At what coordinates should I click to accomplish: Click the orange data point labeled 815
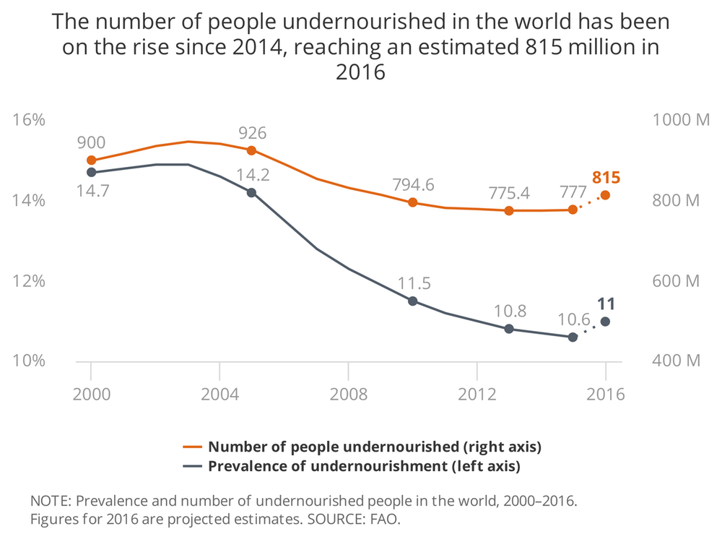(605, 194)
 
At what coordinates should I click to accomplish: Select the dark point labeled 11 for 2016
(605, 322)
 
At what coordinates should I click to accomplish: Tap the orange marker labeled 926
(251, 150)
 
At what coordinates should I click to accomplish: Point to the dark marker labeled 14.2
(251, 193)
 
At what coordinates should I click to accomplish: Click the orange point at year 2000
(91, 160)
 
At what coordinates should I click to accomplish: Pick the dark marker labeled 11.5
(413, 301)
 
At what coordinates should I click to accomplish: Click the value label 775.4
(508, 193)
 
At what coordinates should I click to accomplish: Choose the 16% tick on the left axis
(30, 120)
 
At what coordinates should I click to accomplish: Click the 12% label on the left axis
(30, 281)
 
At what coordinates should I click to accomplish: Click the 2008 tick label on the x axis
(348, 396)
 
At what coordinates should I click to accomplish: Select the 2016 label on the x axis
(605, 396)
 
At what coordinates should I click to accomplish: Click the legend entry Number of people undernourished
(374, 447)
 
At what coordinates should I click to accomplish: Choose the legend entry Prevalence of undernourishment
(364, 466)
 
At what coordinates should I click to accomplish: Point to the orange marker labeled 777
(573, 210)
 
